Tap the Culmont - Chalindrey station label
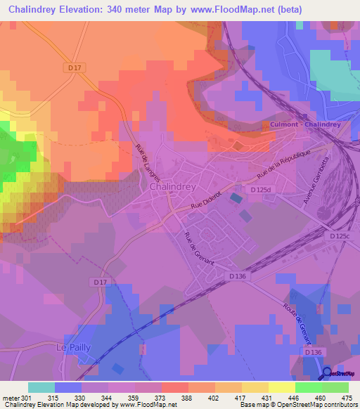pos(305,124)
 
